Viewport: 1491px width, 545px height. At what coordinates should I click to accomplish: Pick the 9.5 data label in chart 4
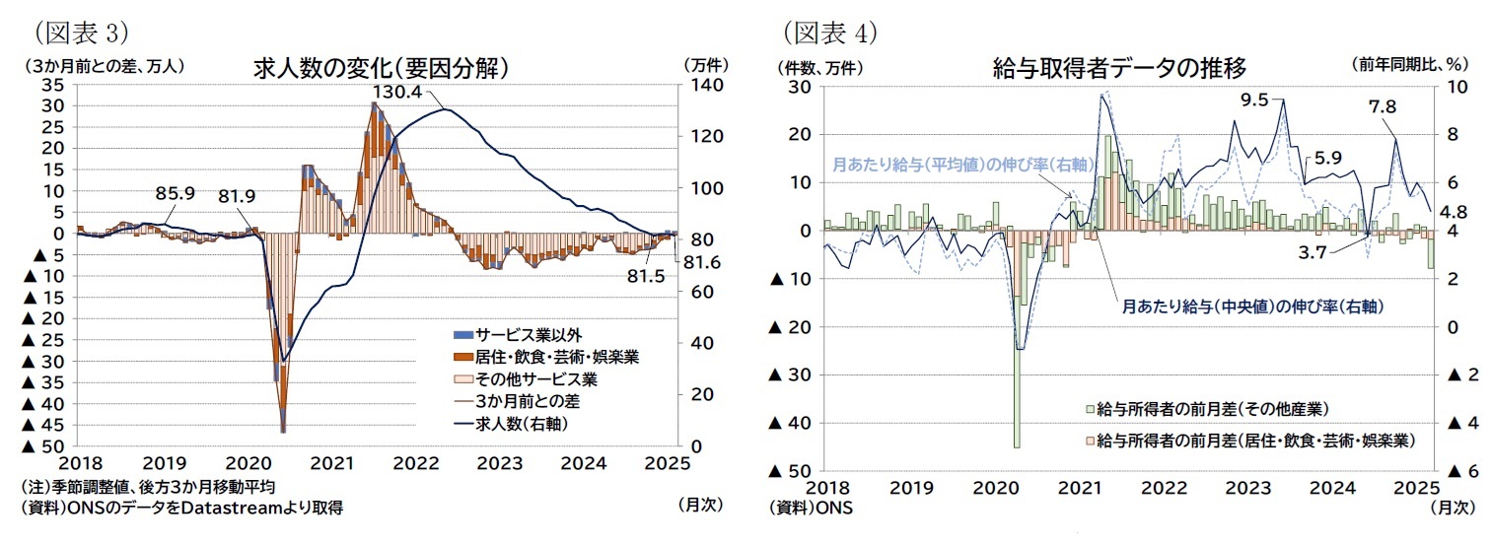point(1253,99)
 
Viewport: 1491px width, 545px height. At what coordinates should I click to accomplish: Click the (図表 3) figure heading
point(75,33)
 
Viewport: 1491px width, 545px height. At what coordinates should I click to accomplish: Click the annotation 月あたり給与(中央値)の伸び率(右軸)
point(1251,307)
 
